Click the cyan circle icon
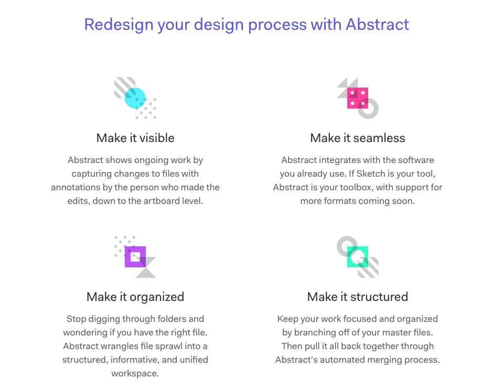coord(135,98)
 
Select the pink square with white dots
coord(357,98)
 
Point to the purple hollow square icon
coord(135,257)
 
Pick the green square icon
coord(358,257)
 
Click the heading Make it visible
coord(135,138)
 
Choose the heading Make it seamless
coord(358,138)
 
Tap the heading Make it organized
coord(135,297)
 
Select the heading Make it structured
coord(358,297)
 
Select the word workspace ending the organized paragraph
coord(135,373)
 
